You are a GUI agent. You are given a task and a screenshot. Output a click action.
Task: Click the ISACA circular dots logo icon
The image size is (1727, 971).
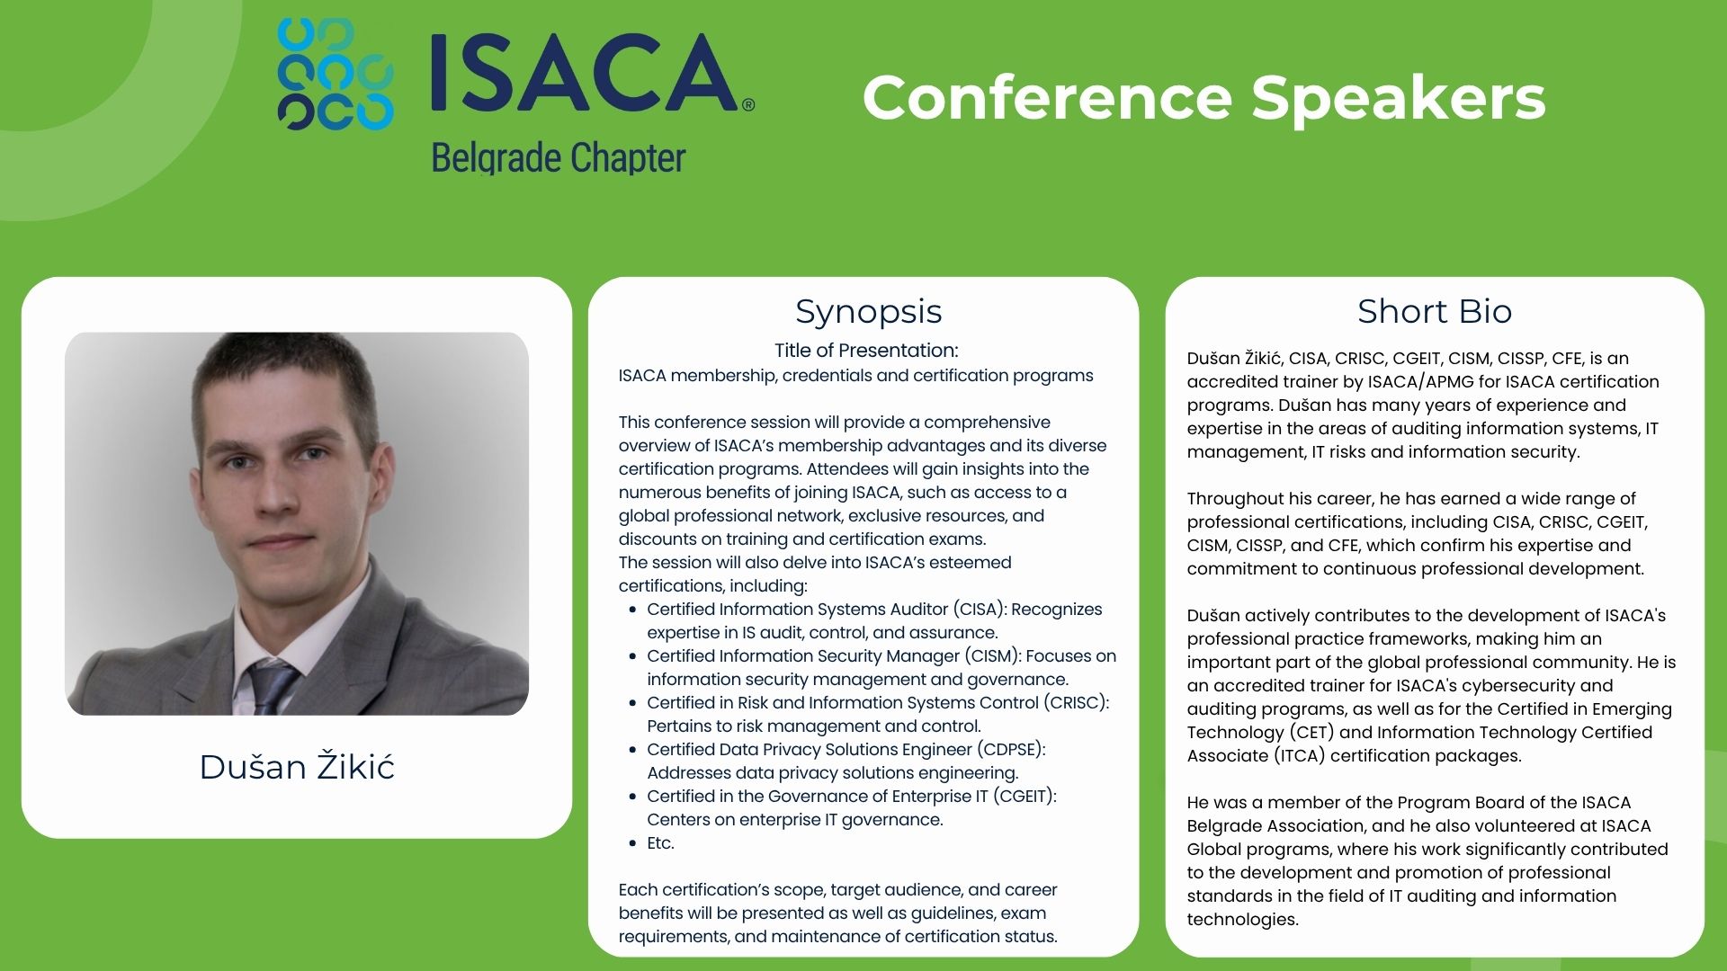click(335, 74)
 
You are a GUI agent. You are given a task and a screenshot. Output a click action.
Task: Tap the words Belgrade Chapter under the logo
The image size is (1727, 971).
click(559, 158)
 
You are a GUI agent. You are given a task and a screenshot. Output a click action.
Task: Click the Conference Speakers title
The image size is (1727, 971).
click(1204, 97)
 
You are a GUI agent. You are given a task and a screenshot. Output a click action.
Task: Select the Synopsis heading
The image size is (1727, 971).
click(868, 311)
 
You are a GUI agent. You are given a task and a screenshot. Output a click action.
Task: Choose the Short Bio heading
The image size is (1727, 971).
click(1435, 311)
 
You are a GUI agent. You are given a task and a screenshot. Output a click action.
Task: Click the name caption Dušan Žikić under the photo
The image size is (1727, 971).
click(297, 767)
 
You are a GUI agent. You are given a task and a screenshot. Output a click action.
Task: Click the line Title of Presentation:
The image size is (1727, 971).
click(866, 351)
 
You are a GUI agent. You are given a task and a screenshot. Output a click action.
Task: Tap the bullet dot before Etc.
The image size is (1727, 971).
click(634, 843)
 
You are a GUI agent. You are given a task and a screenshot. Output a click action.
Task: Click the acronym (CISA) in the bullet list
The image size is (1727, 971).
click(980, 610)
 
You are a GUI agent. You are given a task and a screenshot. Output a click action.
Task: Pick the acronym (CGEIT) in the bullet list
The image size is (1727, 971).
click(1025, 797)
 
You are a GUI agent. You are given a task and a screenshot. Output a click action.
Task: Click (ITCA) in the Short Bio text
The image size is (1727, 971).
click(1301, 756)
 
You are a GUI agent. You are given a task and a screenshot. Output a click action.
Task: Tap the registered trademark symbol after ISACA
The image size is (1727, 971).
click(748, 105)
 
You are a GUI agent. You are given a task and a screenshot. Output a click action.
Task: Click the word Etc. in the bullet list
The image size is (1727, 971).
click(660, 843)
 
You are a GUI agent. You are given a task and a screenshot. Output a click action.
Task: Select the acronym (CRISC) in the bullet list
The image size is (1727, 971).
click(1077, 703)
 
